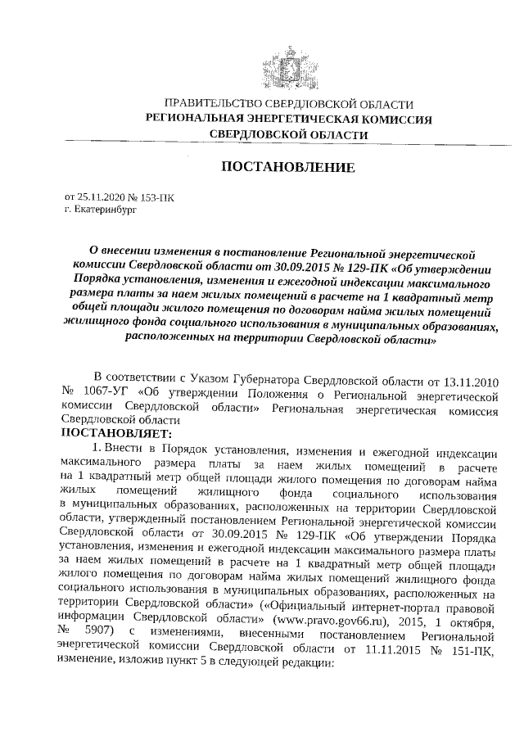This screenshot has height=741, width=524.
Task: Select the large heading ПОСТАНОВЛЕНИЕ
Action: (289, 168)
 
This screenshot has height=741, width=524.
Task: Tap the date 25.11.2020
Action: (102, 197)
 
